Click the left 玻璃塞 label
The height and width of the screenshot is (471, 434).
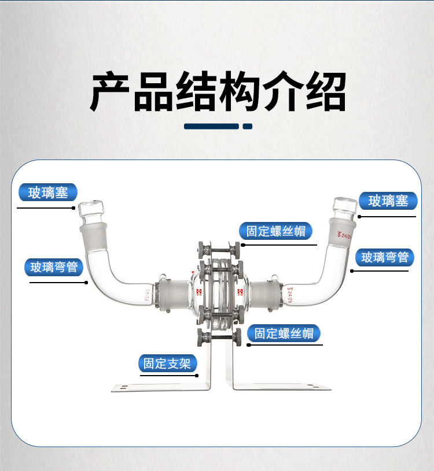pyautogui.click(x=49, y=192)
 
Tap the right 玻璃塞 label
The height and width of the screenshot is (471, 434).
pyautogui.click(x=388, y=201)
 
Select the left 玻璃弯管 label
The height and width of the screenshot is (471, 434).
pyautogui.click(x=54, y=267)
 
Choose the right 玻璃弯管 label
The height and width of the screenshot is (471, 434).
pyautogui.click(x=385, y=257)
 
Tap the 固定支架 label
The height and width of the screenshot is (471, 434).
pyautogui.click(x=168, y=364)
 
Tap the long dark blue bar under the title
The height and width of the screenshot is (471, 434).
pyautogui.click(x=211, y=126)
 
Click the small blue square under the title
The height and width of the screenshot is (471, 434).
pyautogui.click(x=248, y=126)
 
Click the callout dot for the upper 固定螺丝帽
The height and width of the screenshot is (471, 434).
pyautogui.click(x=243, y=244)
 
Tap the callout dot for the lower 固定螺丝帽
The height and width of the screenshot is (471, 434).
pyautogui.click(x=249, y=345)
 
